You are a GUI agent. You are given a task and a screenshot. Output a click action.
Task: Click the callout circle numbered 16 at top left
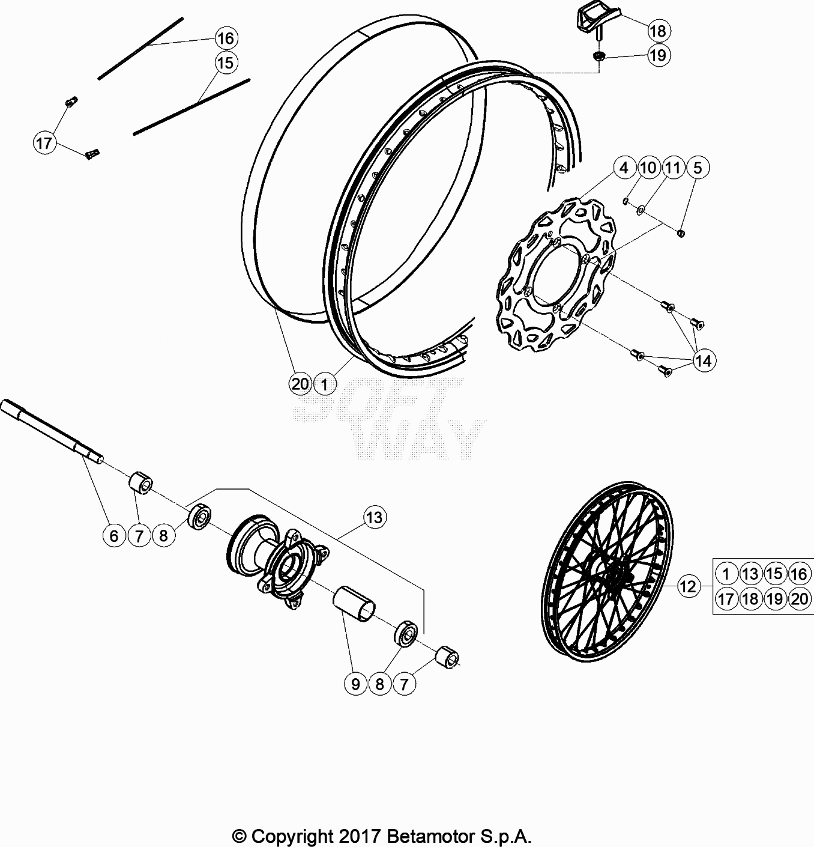tap(225, 38)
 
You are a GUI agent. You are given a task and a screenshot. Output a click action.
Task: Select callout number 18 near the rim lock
tap(657, 31)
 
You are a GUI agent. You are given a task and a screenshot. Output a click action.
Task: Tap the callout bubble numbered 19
tap(657, 55)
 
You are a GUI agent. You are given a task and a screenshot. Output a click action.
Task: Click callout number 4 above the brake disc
tap(624, 168)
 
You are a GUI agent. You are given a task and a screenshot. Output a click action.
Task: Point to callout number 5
tap(697, 168)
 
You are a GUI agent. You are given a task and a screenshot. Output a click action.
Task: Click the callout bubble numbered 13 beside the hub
tap(374, 517)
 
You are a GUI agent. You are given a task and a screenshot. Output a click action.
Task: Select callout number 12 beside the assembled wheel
tap(688, 586)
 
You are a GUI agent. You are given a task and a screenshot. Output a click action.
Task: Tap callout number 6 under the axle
tap(114, 535)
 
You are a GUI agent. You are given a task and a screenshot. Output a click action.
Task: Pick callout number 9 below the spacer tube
tap(355, 684)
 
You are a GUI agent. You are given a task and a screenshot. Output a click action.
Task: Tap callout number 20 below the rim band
tap(300, 383)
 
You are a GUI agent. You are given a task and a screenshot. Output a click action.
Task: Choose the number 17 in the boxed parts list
tap(726, 599)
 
